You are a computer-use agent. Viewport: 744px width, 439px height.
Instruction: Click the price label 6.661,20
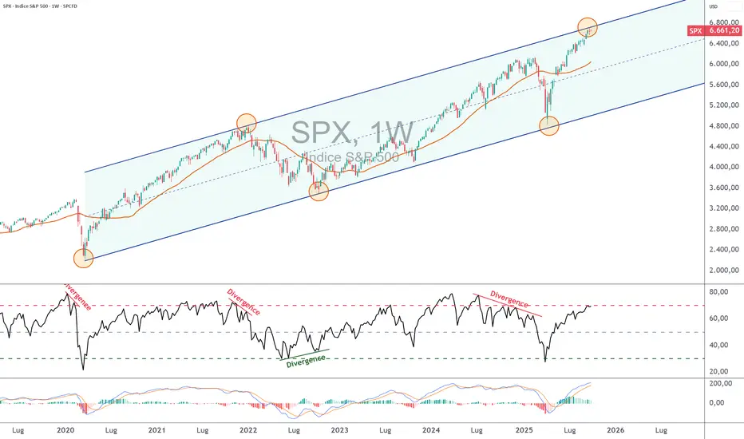point(724,31)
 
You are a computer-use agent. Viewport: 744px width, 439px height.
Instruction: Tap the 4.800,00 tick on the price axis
point(723,126)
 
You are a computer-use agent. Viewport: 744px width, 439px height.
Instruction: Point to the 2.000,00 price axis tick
point(723,271)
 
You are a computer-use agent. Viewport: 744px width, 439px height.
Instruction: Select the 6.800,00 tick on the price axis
point(723,22)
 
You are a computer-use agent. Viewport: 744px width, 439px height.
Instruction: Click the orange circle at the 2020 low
point(83,258)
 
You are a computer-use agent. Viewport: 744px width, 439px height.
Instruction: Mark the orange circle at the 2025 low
point(549,125)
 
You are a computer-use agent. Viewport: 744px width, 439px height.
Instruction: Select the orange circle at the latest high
point(588,27)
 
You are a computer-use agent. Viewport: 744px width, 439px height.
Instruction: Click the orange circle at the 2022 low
point(319,191)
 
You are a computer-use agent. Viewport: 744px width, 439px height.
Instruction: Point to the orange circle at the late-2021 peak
point(247,122)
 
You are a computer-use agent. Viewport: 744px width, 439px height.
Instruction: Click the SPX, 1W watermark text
point(351,132)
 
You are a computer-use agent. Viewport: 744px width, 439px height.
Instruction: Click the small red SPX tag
point(695,31)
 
